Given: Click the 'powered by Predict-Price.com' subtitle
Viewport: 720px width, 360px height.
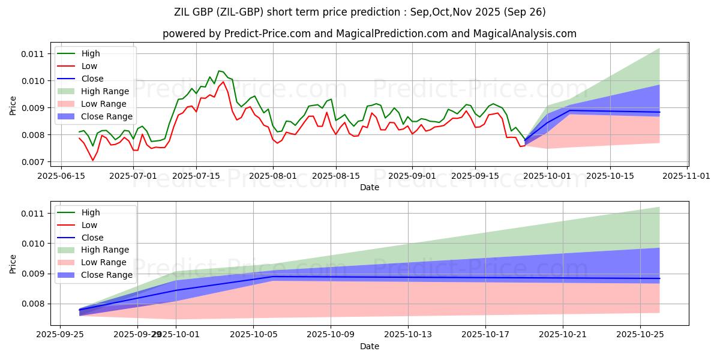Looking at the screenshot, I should tap(369, 34).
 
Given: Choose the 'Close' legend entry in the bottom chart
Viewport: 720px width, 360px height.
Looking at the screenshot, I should tap(92, 238).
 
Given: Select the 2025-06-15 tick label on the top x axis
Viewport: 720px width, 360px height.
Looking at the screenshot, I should tap(61, 176).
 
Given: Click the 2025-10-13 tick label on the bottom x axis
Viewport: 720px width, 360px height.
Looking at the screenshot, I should tap(408, 335).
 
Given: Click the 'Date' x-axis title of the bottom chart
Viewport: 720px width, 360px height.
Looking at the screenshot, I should tap(369, 346).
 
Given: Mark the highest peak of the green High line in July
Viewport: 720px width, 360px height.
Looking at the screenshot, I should tap(219, 71).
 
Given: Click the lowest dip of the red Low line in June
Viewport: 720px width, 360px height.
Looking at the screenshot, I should tap(92, 160).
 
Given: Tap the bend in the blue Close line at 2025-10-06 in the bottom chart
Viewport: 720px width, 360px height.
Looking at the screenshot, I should tap(273, 277).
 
